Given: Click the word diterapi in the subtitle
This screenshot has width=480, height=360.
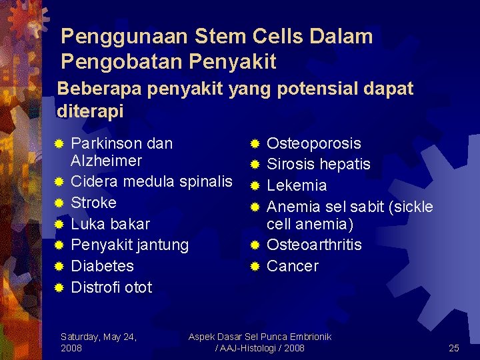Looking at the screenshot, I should (x=90, y=111).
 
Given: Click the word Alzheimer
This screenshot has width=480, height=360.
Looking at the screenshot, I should (x=106, y=161).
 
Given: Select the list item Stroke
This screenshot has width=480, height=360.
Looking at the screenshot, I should (x=93, y=203).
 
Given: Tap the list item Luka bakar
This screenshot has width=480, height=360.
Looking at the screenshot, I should (x=110, y=224).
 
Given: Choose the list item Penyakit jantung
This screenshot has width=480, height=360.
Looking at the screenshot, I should (x=129, y=245).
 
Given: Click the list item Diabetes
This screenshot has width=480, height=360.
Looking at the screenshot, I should (x=102, y=266).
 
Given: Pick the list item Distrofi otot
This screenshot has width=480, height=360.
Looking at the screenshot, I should (x=111, y=287).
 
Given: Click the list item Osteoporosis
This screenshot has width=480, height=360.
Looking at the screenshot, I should (x=314, y=143).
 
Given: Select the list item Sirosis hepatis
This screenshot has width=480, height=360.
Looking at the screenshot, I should (x=319, y=165).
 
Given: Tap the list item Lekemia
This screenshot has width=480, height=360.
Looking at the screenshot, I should (x=297, y=185).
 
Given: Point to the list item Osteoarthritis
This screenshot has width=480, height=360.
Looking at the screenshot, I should (x=314, y=245).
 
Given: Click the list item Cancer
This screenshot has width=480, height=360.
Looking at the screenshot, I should (x=293, y=266).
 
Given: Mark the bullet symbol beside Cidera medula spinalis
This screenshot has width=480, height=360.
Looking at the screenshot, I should (x=59, y=182).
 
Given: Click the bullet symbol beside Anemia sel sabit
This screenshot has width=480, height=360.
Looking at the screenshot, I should (x=255, y=207).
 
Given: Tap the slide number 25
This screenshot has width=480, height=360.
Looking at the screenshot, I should (x=454, y=348).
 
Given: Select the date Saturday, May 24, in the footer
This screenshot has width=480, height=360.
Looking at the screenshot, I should (x=99, y=337).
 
